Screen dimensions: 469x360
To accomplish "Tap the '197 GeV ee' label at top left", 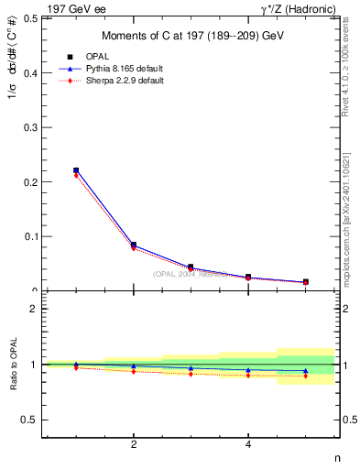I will click(76, 8).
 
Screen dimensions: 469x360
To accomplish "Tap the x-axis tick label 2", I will click(134, 445).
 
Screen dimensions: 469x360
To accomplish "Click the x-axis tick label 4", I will click(248, 445).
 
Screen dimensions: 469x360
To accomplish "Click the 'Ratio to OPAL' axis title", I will click(13, 364).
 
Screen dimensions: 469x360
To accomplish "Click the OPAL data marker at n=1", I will click(76, 170).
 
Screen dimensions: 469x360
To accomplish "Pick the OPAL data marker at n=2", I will click(134, 245).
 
